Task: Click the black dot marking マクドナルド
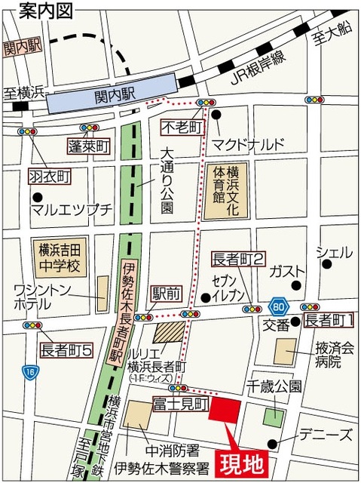click(216, 115)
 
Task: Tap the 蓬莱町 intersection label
click(89, 146)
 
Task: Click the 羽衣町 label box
click(50, 176)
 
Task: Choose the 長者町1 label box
click(329, 321)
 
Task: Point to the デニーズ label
click(325, 435)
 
